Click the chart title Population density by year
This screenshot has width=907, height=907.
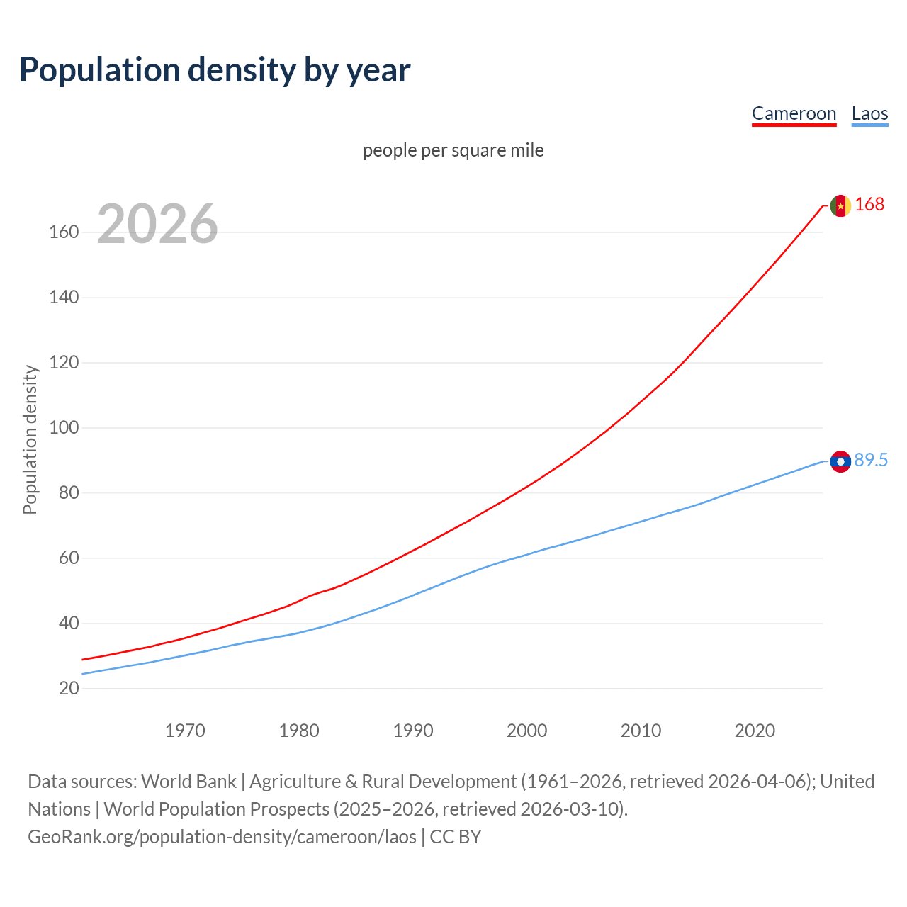(215, 70)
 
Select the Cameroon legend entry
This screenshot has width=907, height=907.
(794, 114)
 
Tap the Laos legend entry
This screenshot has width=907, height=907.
(869, 114)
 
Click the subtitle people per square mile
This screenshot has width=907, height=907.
(453, 150)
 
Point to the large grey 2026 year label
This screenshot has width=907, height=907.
(157, 224)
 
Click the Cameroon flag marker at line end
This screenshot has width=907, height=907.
(840, 205)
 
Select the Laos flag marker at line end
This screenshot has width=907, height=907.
(840, 461)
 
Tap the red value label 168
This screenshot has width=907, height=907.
(869, 205)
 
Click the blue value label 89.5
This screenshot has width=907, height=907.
(871, 461)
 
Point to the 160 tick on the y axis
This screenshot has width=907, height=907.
(64, 232)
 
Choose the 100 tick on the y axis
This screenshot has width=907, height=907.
(64, 428)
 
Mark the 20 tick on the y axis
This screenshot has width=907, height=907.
(69, 689)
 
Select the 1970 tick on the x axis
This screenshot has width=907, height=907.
(185, 731)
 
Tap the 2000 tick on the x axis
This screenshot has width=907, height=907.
(526, 731)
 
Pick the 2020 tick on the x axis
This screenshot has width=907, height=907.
(755, 731)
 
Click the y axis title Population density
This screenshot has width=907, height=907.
(30, 439)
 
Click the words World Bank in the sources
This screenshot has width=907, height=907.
(188, 782)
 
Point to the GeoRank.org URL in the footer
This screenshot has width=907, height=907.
(222, 837)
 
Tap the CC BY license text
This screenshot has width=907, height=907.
(456, 837)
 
